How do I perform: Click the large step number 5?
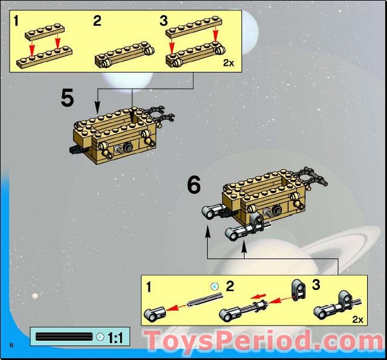(68, 98)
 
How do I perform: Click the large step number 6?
(193, 185)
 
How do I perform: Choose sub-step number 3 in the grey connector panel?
(316, 284)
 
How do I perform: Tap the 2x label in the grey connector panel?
(357, 318)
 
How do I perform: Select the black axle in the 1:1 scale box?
(65, 336)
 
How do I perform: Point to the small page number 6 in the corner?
(11, 345)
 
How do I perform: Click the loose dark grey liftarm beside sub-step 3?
(298, 289)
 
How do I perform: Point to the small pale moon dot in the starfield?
(36, 295)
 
